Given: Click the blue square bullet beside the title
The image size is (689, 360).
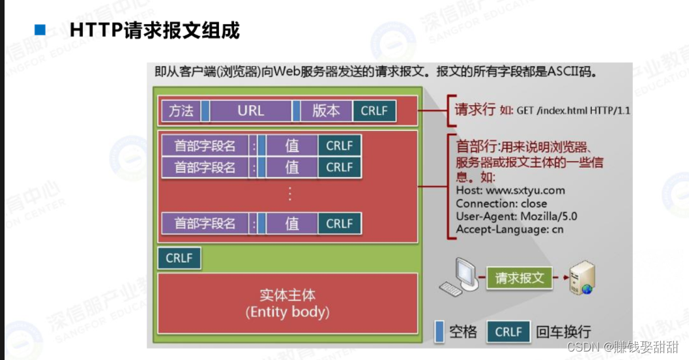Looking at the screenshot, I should tap(40, 30).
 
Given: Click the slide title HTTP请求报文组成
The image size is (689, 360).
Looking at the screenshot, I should tap(154, 30).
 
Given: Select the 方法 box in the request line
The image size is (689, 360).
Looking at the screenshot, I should tap(181, 111).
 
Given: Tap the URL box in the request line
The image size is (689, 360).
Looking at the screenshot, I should tap(250, 111).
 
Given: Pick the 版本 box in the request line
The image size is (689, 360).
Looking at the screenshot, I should tap(326, 111).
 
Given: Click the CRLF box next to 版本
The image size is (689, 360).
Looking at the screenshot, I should tap(374, 111).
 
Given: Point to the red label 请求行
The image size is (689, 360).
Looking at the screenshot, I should tap(475, 109).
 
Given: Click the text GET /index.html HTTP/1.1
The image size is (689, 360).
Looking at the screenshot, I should tap(574, 110).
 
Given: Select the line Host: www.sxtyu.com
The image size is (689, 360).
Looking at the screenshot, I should tap(510, 190).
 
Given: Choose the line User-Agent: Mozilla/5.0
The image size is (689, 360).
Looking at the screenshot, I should tap(516, 217).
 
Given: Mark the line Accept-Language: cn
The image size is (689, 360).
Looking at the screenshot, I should tap(510, 229).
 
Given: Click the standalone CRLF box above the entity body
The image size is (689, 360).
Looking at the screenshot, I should tap(179, 258).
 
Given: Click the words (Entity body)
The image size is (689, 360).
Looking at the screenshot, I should tap(287, 312).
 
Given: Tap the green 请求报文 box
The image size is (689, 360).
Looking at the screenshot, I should tap(520, 278).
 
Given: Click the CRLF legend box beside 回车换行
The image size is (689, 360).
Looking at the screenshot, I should tap(508, 332).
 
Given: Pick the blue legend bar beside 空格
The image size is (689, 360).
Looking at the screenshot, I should tap(439, 332).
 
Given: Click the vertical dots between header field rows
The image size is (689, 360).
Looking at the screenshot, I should tap(289, 194).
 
